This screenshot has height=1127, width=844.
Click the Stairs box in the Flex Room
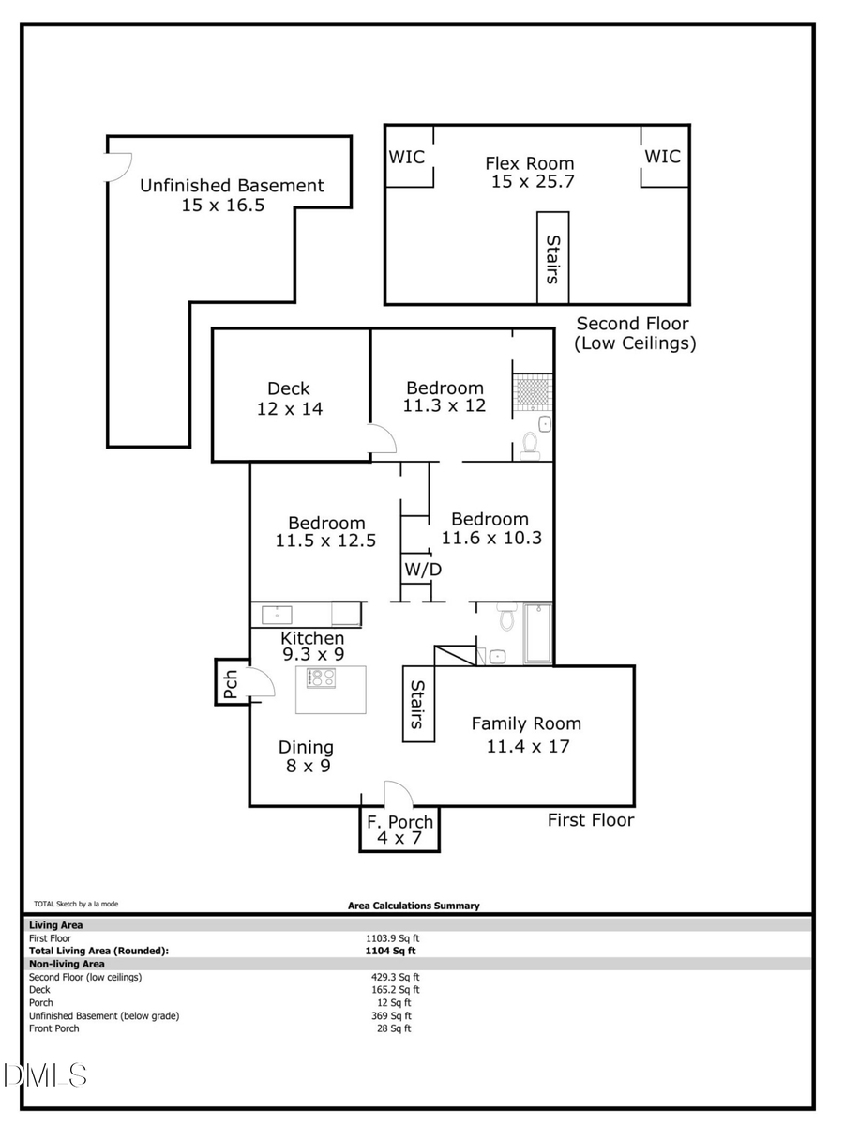pyautogui.click(x=552, y=258)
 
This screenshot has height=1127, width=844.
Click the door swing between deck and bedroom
pyautogui.click(x=381, y=439)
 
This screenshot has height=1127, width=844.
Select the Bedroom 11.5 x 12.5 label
pyautogui.click(x=326, y=532)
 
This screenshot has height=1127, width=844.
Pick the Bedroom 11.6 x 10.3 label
pyautogui.click(x=490, y=528)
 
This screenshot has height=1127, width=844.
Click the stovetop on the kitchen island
pyautogui.click(x=322, y=677)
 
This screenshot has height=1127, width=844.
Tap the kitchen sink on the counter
pyautogui.click(x=277, y=615)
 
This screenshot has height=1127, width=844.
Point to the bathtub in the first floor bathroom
pyautogui.click(x=537, y=633)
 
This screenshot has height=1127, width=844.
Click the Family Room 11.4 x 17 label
pyautogui.click(x=526, y=735)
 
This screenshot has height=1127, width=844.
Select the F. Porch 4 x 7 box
pyautogui.click(x=399, y=830)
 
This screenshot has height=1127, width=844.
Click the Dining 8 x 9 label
pyautogui.click(x=306, y=756)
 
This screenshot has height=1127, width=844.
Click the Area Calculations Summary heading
pyautogui.click(x=414, y=906)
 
